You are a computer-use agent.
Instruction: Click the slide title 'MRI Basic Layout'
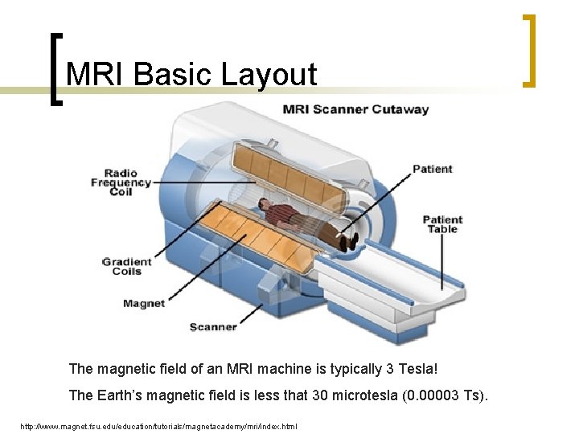click(x=191, y=75)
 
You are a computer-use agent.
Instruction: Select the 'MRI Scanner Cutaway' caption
click(x=355, y=109)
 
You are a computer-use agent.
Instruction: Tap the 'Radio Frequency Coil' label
click(x=121, y=182)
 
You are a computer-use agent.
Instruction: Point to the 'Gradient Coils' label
click(x=126, y=266)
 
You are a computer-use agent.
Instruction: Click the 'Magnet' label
click(x=144, y=303)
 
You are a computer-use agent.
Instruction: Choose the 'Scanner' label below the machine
click(x=212, y=326)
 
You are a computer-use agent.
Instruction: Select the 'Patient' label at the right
click(x=432, y=169)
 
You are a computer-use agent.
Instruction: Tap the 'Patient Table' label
click(x=442, y=224)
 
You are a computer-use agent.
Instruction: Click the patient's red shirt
click(x=281, y=214)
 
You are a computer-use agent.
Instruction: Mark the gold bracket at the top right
click(x=528, y=50)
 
